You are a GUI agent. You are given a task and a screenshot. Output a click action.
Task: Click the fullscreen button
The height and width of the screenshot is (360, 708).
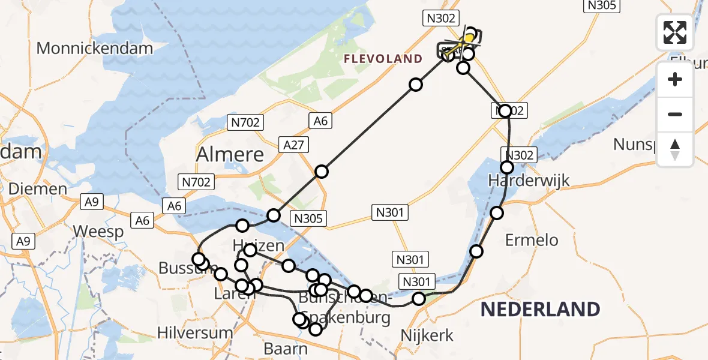coord(675,32)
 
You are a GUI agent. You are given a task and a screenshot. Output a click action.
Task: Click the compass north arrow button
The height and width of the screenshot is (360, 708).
coord(675,149)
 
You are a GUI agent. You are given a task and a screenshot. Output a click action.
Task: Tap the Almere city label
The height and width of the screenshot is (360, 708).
coord(230,155)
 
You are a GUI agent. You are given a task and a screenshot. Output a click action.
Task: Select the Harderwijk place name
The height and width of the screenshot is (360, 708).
coord(520,180)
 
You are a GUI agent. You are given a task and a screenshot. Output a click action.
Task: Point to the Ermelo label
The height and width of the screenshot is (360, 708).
coord(532,240)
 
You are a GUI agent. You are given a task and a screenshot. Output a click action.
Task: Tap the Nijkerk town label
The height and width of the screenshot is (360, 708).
coord(428,335)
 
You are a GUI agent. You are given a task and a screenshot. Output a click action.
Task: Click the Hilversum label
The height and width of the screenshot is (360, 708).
coord(194,332)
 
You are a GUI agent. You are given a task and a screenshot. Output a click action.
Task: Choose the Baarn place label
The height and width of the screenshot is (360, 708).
coord(286,349)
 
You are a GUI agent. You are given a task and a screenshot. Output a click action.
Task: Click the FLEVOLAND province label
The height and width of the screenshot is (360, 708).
coord(383,59)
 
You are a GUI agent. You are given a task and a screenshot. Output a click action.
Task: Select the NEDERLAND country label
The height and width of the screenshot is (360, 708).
coord(540,310)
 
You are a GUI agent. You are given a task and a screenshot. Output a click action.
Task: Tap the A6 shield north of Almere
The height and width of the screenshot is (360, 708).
coord(320,121)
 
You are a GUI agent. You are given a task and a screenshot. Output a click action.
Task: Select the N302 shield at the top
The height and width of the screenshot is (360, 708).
coord(440,19)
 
